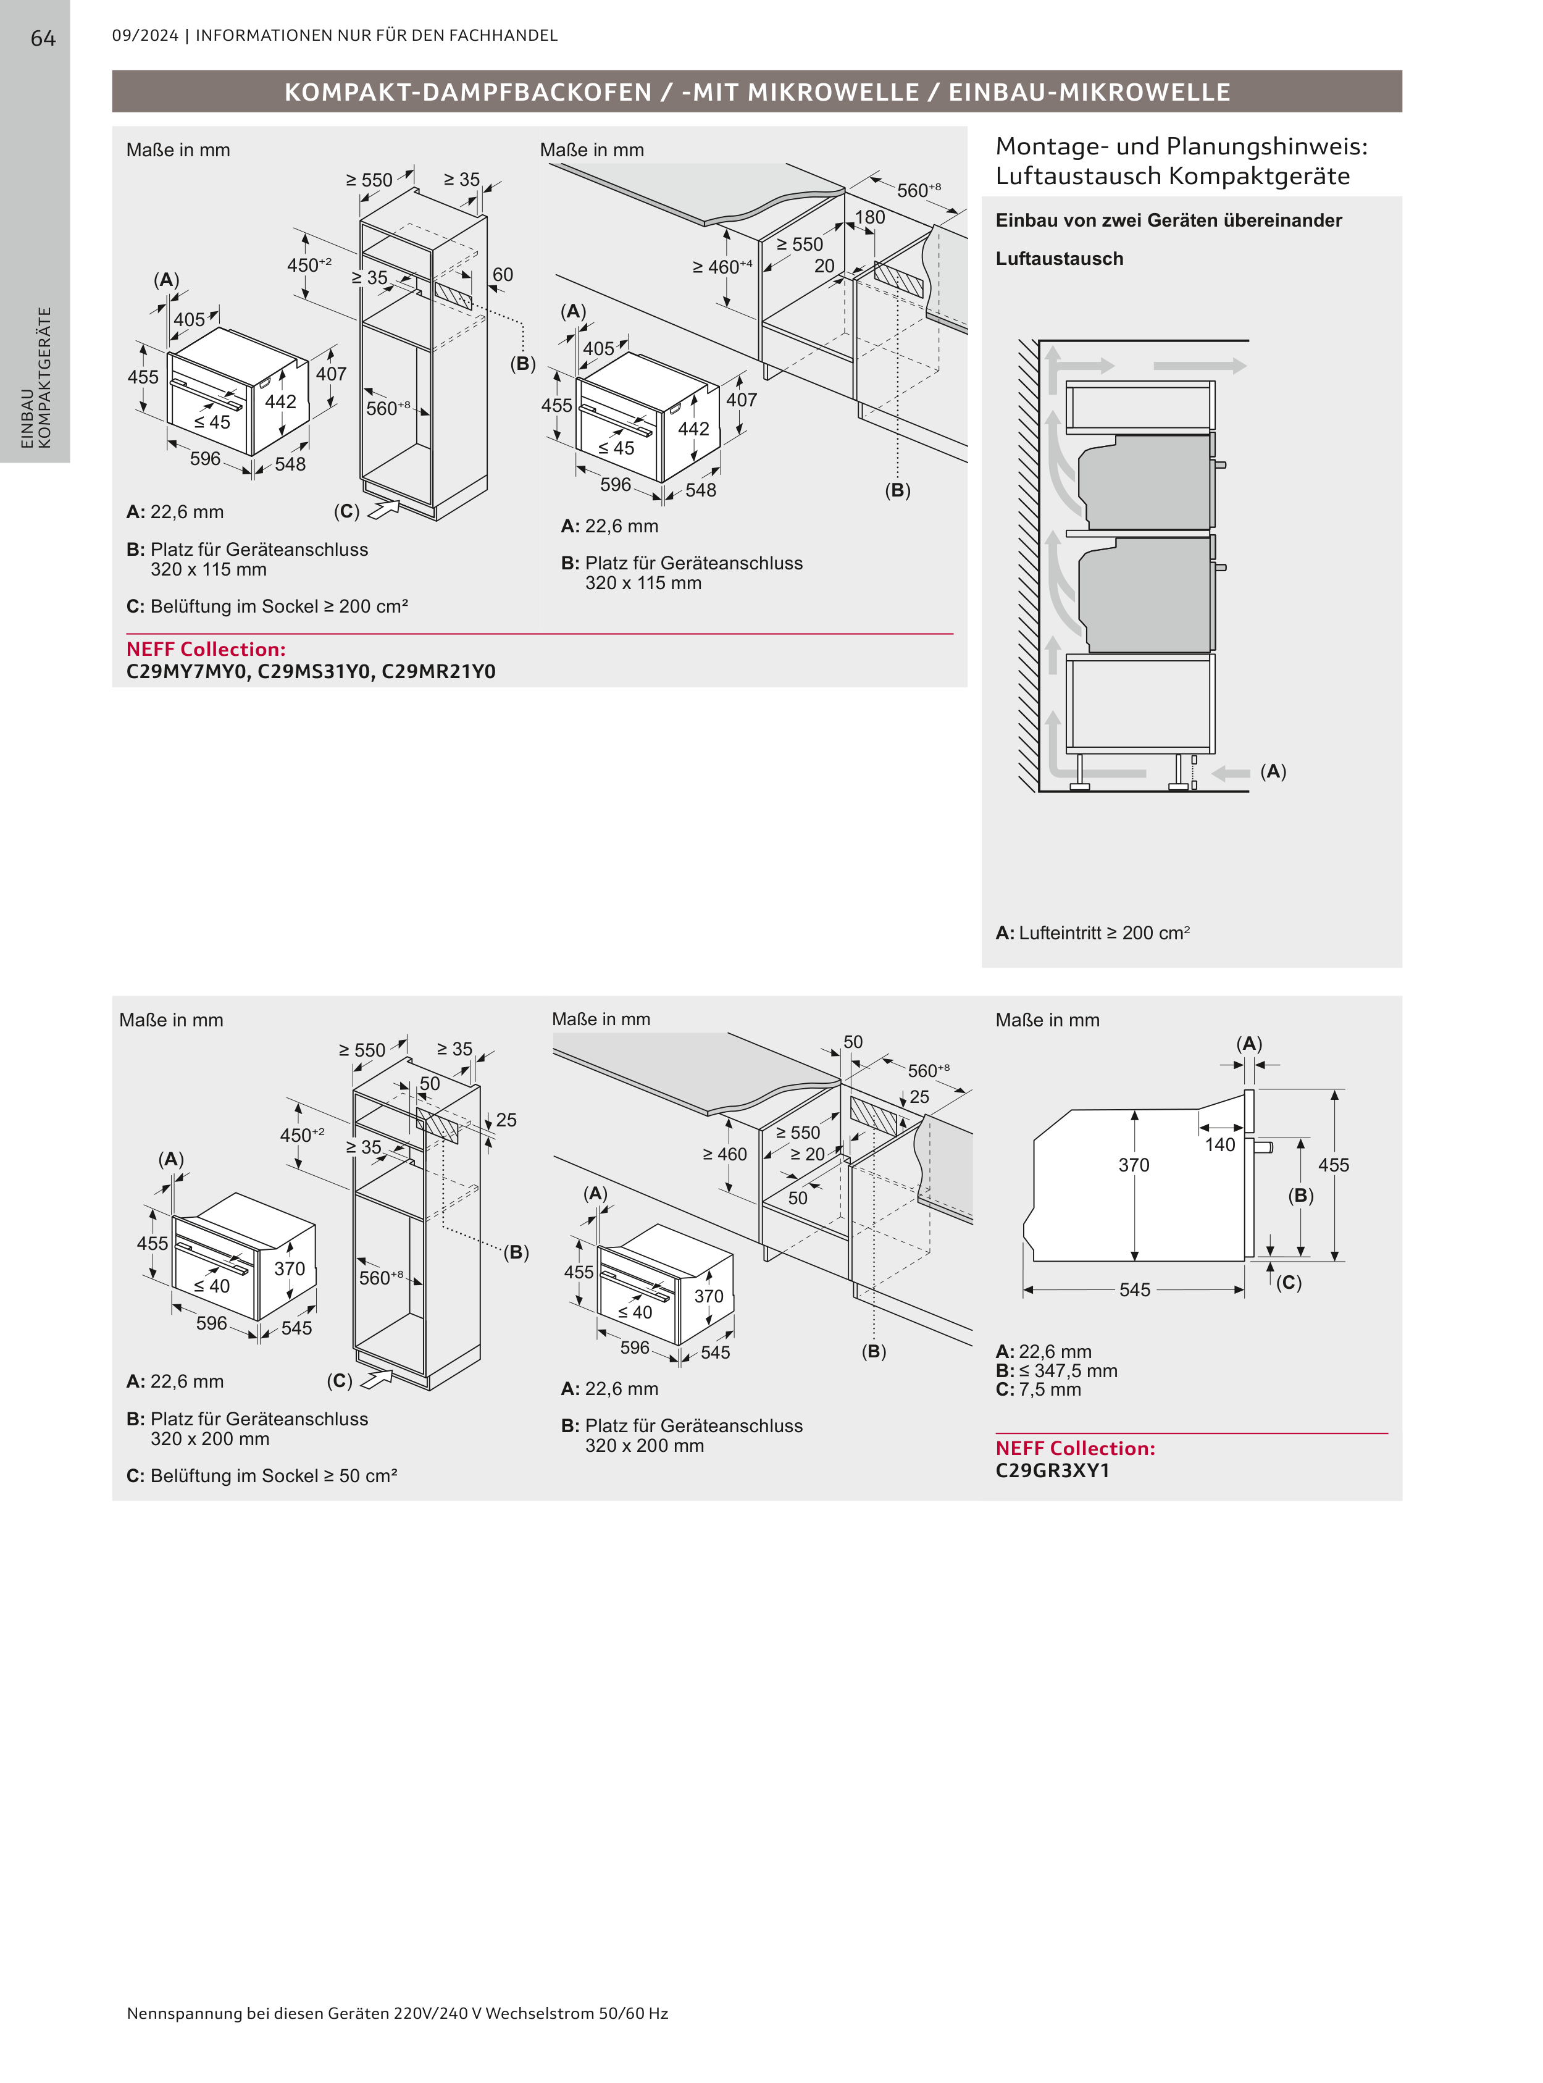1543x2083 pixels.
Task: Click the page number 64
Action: tap(43, 38)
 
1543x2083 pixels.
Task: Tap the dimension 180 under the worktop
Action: tap(869, 217)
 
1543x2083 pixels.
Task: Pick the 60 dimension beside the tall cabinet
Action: tap(503, 275)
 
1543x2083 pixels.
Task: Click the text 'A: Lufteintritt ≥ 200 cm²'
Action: tap(1092, 933)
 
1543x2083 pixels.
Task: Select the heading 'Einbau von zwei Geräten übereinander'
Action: tap(1168, 220)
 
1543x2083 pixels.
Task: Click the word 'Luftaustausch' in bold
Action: tap(1059, 259)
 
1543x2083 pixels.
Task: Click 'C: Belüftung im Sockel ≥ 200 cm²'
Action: tap(267, 606)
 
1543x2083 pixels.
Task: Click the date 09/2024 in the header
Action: tap(144, 35)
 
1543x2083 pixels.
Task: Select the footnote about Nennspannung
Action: tap(397, 2013)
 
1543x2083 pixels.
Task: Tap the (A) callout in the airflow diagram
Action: tap(1272, 771)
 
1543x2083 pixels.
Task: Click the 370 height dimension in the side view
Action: tap(1133, 1165)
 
